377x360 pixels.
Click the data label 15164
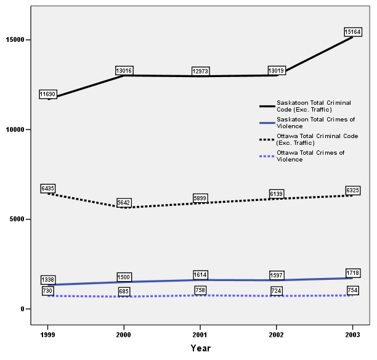pyautogui.click(x=352, y=31)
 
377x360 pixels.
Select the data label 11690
pyautogui.click(x=47, y=94)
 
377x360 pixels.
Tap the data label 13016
pyautogui.click(x=124, y=71)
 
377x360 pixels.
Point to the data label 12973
pyautogui.click(x=200, y=72)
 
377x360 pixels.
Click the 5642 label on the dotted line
pyautogui.click(x=124, y=203)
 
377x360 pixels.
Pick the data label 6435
pyautogui.click(x=47, y=188)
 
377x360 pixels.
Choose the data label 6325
pyautogui.click(x=352, y=190)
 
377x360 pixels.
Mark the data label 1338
pyautogui.click(x=47, y=280)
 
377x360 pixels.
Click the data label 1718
pyautogui.click(x=352, y=272)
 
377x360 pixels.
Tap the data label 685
pyautogui.click(x=124, y=291)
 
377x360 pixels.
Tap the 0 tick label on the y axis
pyautogui.click(x=29, y=309)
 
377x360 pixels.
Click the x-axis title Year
pyautogui.click(x=200, y=348)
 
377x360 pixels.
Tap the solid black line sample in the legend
pyautogui.click(x=267, y=106)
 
